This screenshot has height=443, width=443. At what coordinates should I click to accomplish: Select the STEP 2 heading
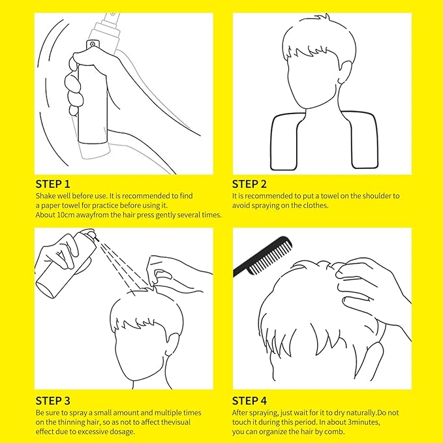[249, 184]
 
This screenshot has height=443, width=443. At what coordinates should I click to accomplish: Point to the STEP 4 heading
[250, 401]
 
